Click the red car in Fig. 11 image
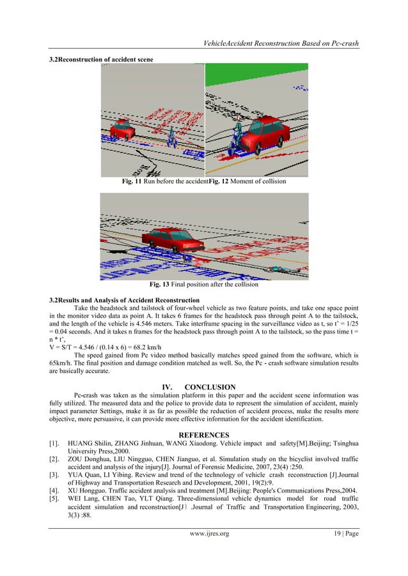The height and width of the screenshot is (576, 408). (x=122, y=129)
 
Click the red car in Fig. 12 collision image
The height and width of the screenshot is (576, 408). (x=262, y=132)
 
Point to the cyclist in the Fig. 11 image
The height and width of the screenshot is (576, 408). (x=172, y=136)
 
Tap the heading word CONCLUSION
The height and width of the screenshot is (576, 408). (x=210, y=386)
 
